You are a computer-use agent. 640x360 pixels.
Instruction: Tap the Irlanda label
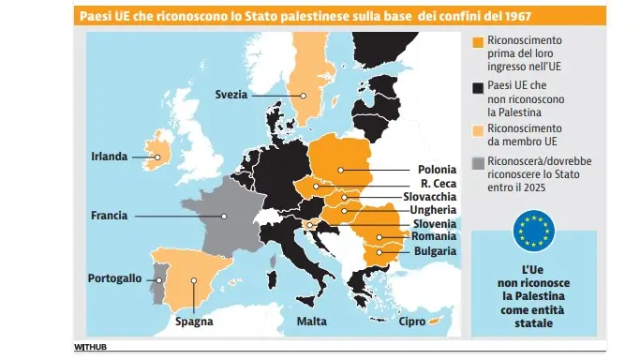click(108, 157)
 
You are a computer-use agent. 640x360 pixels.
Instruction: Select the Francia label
click(109, 216)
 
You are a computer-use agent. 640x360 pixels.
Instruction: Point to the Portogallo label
click(114, 278)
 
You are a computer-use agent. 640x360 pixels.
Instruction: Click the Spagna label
click(194, 321)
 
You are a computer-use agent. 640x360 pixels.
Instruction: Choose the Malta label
click(312, 321)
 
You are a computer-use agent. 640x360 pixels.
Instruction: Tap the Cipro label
click(411, 321)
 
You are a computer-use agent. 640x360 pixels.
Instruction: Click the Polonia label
click(438, 170)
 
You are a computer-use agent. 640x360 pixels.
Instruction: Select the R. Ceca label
click(439, 184)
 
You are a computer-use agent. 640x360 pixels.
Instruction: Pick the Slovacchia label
click(429, 197)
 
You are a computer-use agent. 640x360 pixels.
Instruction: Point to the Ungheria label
click(433, 211)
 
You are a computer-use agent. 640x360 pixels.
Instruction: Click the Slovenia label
click(435, 225)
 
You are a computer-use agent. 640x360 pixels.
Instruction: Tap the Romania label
click(434, 238)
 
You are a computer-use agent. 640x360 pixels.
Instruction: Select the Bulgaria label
click(435, 251)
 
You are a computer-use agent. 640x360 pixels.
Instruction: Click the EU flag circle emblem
click(534, 230)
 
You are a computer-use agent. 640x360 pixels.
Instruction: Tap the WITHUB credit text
click(92, 348)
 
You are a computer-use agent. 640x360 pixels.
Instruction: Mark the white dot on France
click(225, 217)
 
